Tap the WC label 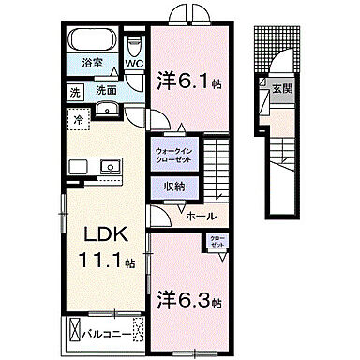(x=133, y=65)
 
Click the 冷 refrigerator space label (x=80, y=119)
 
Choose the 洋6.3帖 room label (x=188, y=302)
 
